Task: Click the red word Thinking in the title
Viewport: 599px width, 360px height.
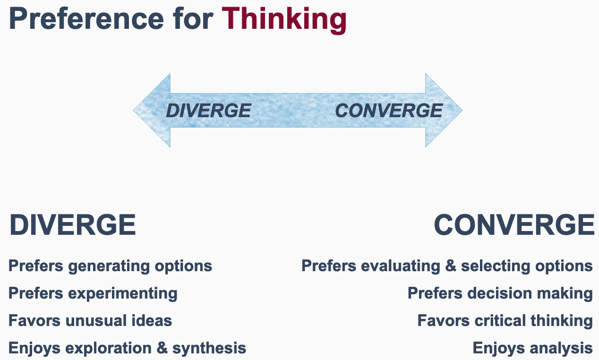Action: pyautogui.click(x=284, y=19)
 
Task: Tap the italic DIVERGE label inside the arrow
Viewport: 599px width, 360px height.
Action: pyautogui.click(x=208, y=111)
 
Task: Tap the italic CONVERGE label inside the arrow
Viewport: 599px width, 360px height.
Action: pyautogui.click(x=388, y=111)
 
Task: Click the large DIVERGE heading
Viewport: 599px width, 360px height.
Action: pyautogui.click(x=73, y=225)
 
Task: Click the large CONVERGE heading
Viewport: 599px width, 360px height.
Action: pyautogui.click(x=514, y=225)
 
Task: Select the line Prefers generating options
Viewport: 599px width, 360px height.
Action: pyautogui.click(x=110, y=266)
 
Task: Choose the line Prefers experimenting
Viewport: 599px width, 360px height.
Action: pyautogui.click(x=93, y=293)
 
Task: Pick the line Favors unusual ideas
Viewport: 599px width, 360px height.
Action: pyautogui.click(x=90, y=321)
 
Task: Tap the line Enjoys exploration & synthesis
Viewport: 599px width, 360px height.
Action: pyautogui.click(x=127, y=348)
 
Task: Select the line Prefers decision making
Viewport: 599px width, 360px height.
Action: pyautogui.click(x=500, y=293)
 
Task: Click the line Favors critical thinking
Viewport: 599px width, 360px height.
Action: pyautogui.click(x=505, y=321)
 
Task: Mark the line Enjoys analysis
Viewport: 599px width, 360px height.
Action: pyautogui.click(x=532, y=348)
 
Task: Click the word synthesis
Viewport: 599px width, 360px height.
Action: pyautogui.click(x=209, y=348)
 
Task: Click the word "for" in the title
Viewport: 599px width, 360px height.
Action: pyautogui.click(x=193, y=19)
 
